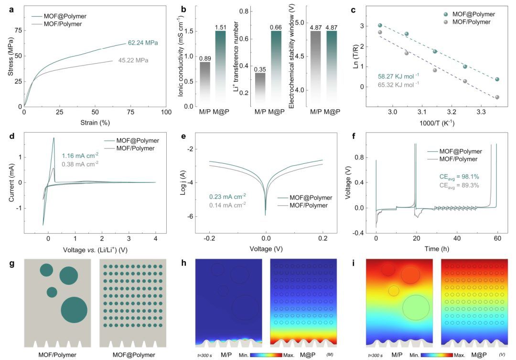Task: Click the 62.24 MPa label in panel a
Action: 143,43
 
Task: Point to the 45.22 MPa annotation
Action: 133,61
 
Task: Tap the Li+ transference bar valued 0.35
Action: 259,88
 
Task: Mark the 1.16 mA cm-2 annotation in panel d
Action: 80,156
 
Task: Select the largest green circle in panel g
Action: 74,310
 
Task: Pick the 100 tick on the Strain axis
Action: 166,112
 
